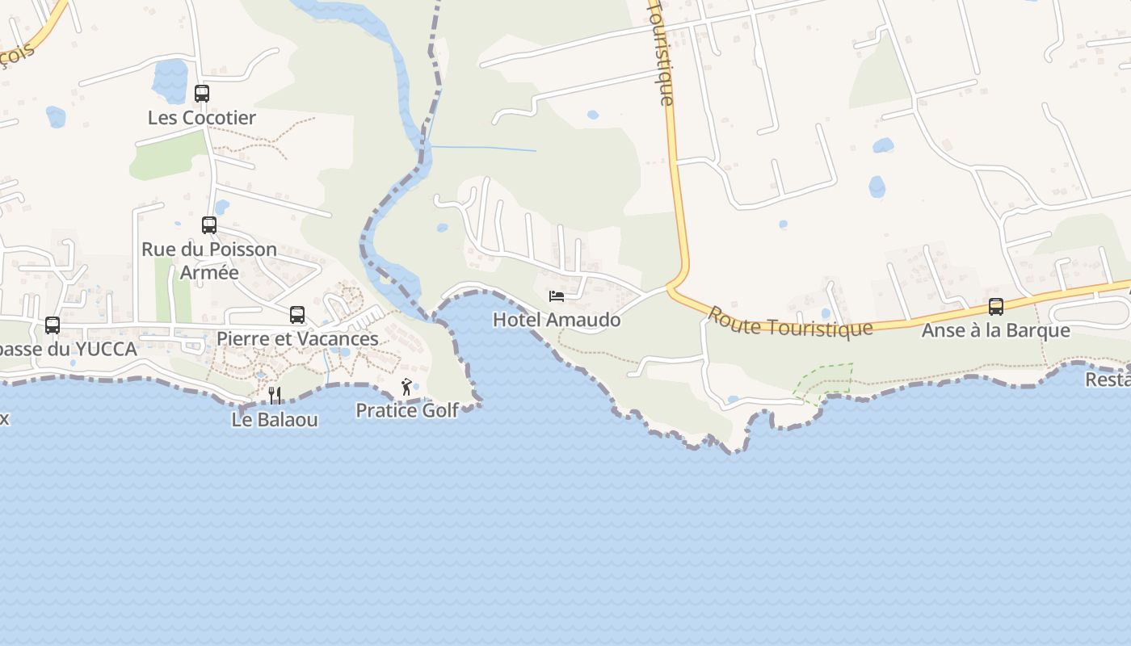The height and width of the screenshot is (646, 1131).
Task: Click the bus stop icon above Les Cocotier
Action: point(202,94)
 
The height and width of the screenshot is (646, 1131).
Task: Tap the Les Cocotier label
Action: point(202,118)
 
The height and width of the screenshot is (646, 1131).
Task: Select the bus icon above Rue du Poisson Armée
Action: point(209,225)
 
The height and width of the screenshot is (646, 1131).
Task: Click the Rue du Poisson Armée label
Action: point(209,260)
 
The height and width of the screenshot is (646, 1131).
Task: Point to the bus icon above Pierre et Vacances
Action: point(297,315)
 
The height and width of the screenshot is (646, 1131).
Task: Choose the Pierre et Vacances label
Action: point(297,338)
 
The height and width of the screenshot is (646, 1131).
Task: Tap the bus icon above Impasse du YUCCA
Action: point(53,325)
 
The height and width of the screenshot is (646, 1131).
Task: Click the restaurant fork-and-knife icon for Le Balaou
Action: point(275,395)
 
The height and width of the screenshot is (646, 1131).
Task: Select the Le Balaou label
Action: point(275,420)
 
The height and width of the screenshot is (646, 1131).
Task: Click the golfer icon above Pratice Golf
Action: point(406,388)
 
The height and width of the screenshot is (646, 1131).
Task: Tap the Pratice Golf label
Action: point(407,410)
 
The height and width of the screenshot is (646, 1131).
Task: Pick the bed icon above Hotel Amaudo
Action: point(557,296)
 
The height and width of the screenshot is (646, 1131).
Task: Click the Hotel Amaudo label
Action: point(557,320)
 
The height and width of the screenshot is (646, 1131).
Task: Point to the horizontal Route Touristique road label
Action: point(790,322)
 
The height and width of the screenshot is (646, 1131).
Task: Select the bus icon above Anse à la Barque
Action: point(996,307)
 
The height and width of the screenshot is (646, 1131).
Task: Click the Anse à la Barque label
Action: point(996,330)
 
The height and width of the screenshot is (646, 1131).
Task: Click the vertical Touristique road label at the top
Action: point(661,52)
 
